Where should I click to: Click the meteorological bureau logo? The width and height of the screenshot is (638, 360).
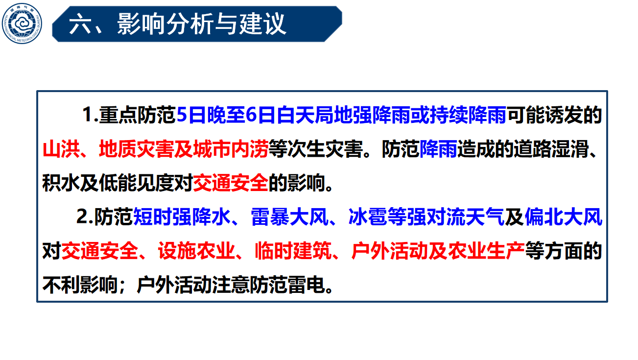point(22,24)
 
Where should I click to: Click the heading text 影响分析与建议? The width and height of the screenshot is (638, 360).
point(201,24)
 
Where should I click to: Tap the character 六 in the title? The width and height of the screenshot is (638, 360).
point(79,24)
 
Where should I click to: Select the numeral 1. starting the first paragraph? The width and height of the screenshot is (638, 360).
point(90,115)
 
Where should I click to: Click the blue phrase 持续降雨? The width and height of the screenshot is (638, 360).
point(468,115)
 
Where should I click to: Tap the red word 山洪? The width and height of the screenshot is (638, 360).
point(61,149)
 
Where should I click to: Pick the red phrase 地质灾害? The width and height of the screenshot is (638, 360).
point(137,149)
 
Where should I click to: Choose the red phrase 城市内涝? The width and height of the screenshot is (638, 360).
point(231,149)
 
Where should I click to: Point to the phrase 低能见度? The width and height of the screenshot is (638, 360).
point(137,183)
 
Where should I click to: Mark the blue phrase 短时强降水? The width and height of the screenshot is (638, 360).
point(182,217)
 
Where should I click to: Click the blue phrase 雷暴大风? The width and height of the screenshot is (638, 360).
point(290,217)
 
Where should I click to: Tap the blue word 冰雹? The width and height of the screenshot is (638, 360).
point(367,217)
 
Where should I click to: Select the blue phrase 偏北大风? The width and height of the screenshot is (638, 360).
point(564,217)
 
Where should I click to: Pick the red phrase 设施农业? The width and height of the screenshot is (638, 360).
point(196,251)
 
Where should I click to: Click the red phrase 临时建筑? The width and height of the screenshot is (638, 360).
point(293,251)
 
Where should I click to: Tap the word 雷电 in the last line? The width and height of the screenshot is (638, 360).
point(306,285)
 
